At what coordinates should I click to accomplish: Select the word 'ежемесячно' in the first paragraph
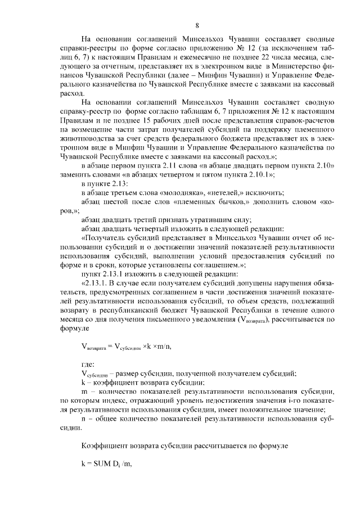[x=204, y=58]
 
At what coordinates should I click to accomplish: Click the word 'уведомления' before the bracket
[x=211, y=320]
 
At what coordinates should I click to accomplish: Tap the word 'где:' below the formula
[x=88, y=364]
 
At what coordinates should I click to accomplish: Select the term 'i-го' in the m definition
[x=295, y=400]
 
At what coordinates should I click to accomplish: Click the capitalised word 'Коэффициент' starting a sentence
[x=105, y=445]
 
